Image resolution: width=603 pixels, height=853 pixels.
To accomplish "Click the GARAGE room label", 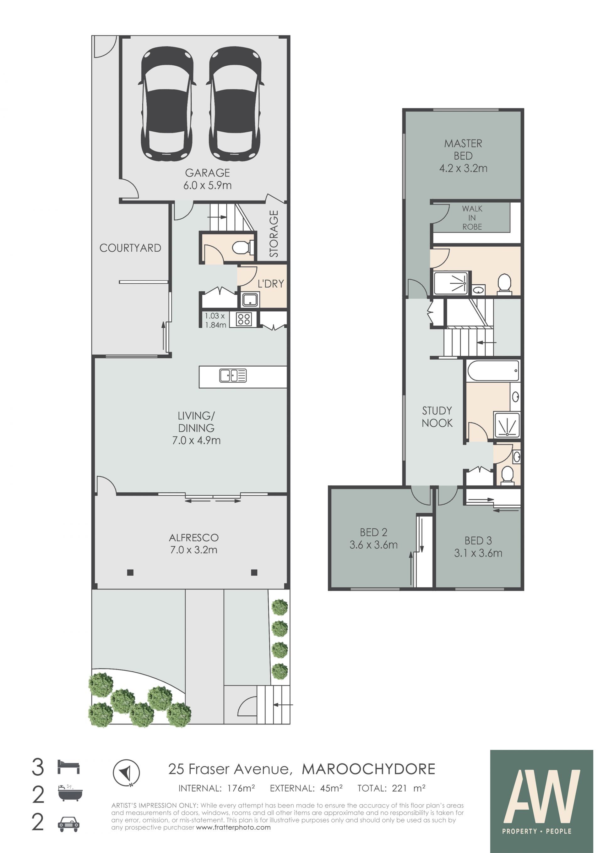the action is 208,173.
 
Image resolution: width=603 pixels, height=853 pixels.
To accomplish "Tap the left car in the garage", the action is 167,104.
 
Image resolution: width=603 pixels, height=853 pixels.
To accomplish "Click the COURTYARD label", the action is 130,248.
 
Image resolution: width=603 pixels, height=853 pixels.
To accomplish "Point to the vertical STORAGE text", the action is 274,234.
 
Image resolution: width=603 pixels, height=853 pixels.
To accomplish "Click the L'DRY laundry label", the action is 271,284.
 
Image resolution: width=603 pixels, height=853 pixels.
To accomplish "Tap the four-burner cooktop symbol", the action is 244,319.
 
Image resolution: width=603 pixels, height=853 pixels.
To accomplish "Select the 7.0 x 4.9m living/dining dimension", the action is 196,440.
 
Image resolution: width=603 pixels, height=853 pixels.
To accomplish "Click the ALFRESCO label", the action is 194,538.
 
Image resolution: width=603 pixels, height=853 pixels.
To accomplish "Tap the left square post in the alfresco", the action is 130,572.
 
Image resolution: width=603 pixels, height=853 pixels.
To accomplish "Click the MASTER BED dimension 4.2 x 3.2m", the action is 463,168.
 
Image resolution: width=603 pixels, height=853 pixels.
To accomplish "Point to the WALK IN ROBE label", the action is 472,218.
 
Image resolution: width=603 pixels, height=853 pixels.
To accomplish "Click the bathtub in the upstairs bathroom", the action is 493,370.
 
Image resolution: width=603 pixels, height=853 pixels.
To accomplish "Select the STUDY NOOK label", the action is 437,417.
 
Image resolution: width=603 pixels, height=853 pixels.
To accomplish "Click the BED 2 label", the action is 373,533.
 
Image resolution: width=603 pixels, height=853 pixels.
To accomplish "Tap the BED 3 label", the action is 478,541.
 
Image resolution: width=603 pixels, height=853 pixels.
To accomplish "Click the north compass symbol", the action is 126,773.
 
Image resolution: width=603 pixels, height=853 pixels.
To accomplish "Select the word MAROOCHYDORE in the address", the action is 369,769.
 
